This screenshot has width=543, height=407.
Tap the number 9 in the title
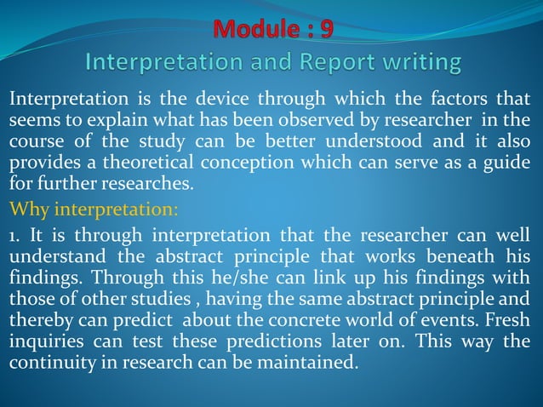tap(326, 29)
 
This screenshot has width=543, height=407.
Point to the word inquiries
tap(46, 341)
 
